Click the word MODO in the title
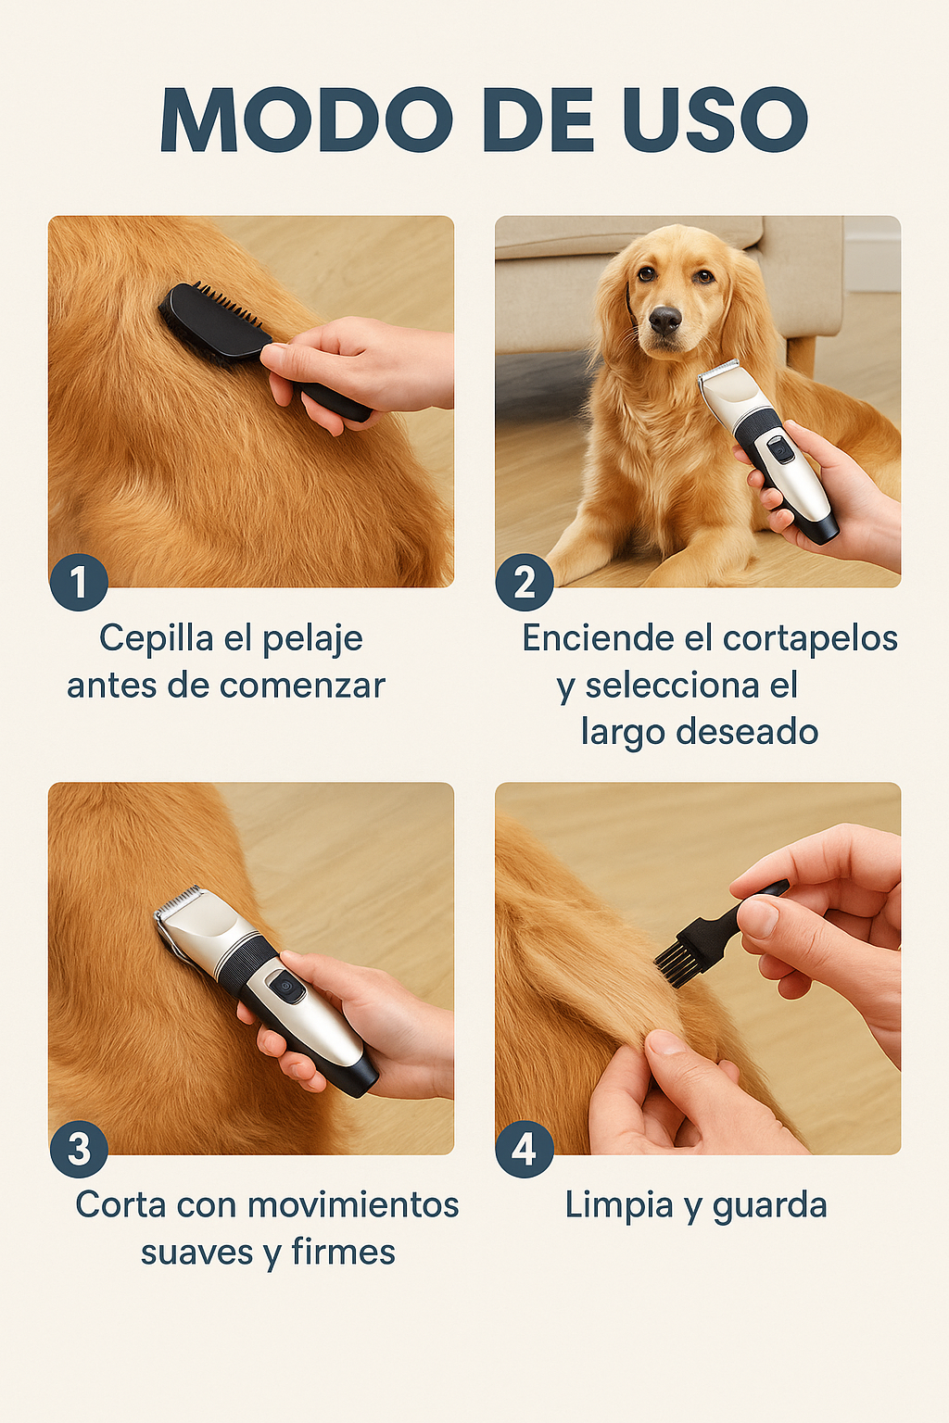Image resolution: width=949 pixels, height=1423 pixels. (x=306, y=120)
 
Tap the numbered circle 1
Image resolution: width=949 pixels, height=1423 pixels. (x=79, y=582)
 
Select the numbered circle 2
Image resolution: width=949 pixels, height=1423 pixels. (x=525, y=582)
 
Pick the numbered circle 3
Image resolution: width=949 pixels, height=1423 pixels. (x=79, y=1149)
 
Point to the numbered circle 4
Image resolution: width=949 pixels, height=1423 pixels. (x=525, y=1149)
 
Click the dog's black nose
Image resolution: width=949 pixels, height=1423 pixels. (x=664, y=321)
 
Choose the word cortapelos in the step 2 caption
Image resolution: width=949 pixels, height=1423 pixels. (x=810, y=638)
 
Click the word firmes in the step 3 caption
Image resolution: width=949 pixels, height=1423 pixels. (x=343, y=1253)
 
